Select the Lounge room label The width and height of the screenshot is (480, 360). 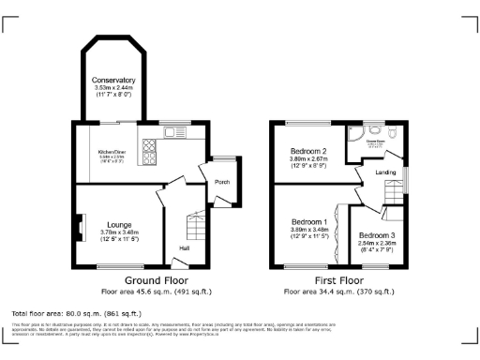[x=118, y=225]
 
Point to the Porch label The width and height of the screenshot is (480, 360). [x=222, y=182]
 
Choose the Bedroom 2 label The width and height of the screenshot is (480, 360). [x=309, y=151]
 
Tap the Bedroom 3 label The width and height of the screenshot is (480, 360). [x=377, y=234]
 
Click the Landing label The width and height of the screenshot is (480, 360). [x=385, y=172]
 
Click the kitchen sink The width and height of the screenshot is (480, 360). [x=175, y=132]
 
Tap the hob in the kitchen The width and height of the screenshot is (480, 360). [x=148, y=146]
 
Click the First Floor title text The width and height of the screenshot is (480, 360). [x=338, y=280]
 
